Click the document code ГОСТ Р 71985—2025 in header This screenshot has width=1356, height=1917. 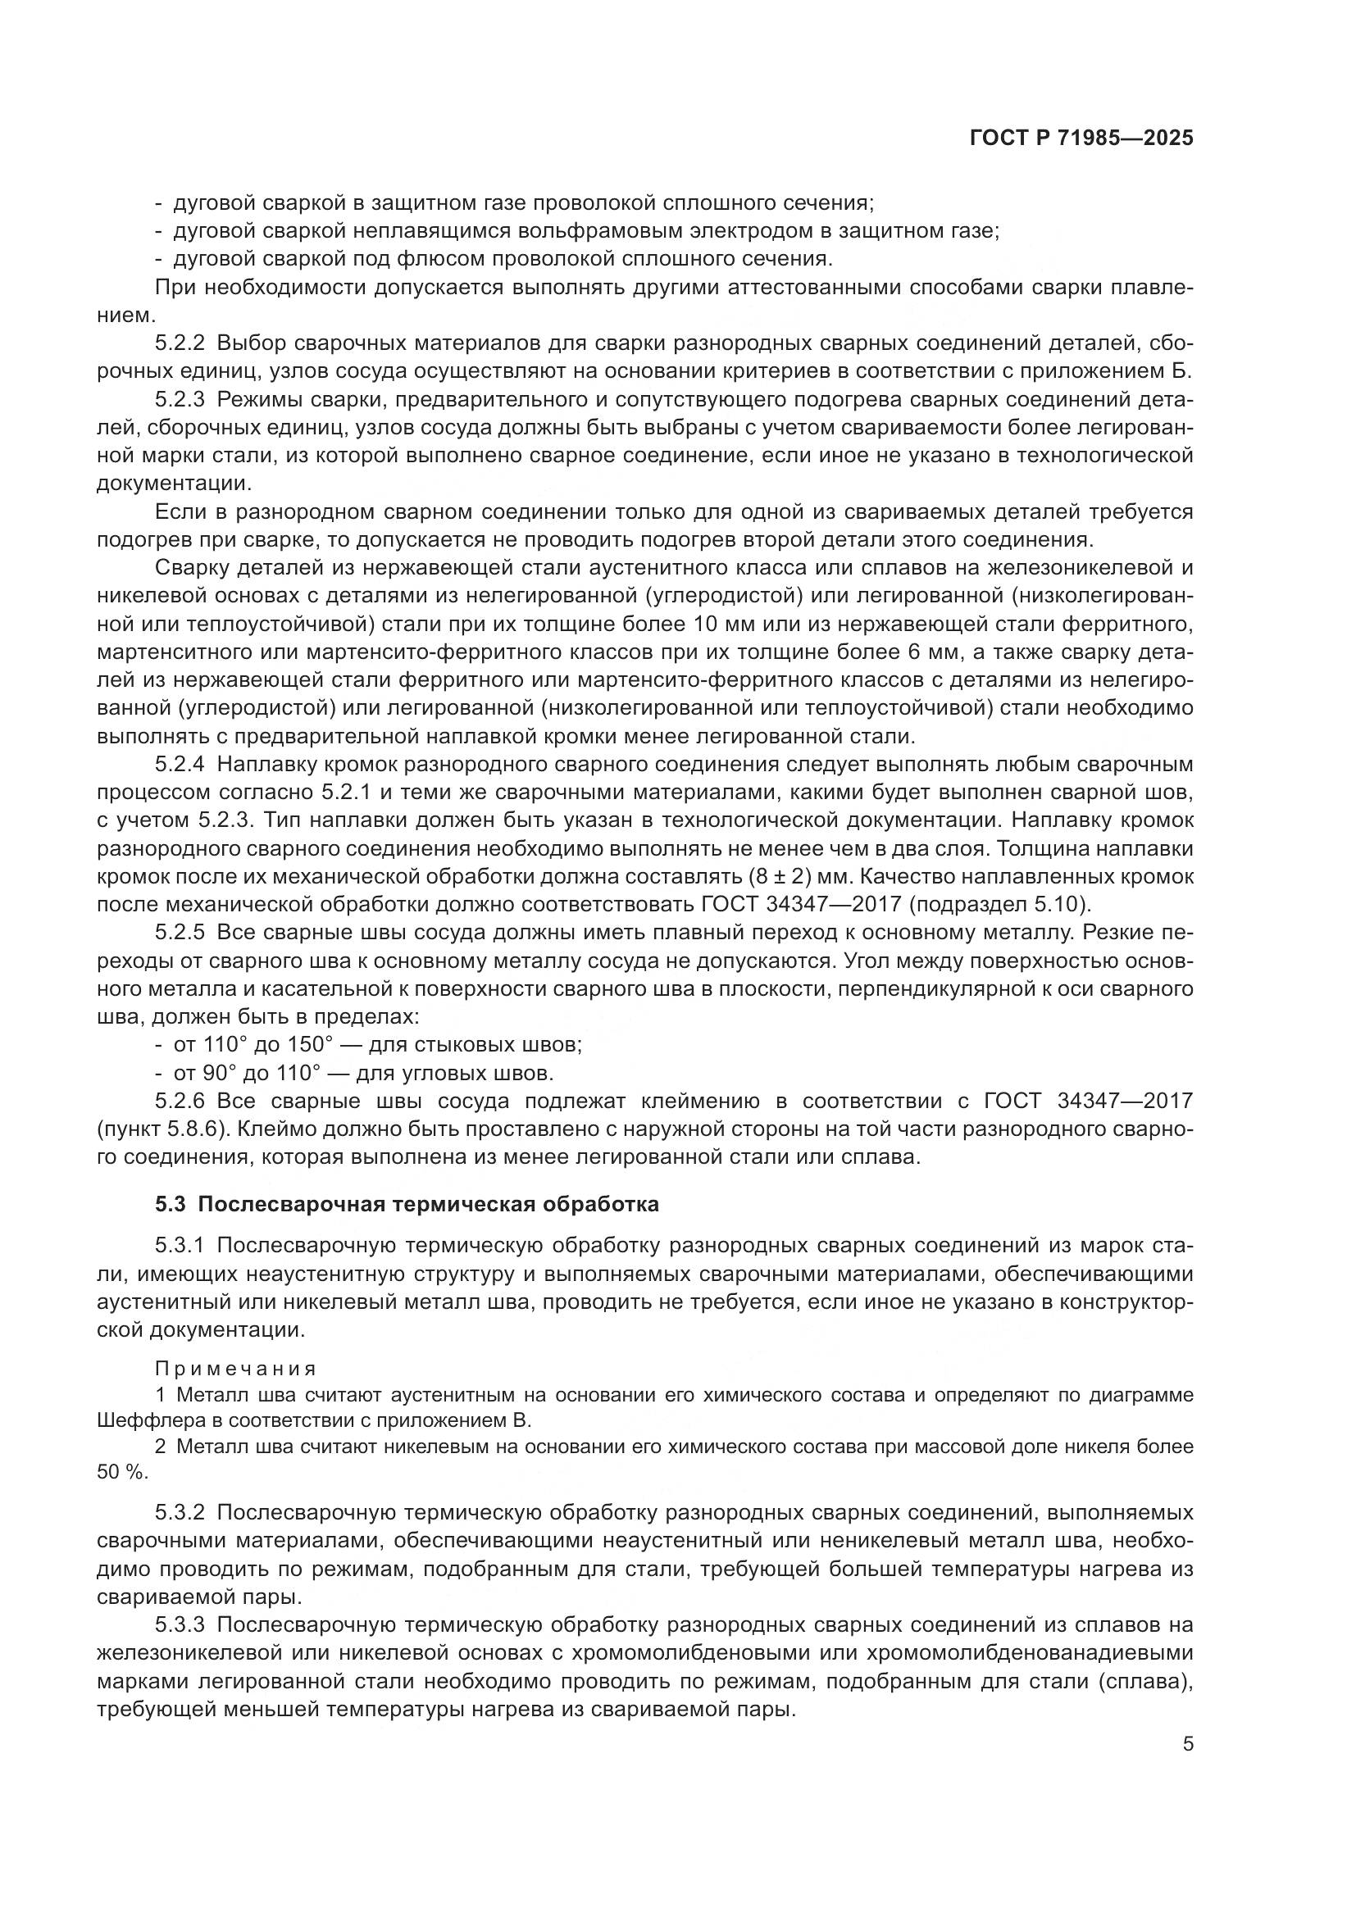tap(1081, 139)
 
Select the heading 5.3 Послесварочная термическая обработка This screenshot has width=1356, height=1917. tap(407, 1204)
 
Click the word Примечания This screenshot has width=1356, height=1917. tap(235, 1369)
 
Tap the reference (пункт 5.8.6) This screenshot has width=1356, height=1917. tap(162, 1129)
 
